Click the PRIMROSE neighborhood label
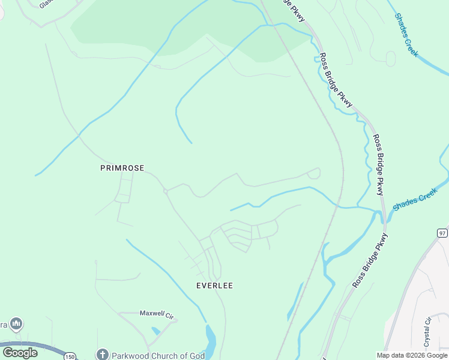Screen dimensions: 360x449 click(x=122, y=169)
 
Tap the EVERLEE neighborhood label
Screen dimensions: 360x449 click(x=214, y=286)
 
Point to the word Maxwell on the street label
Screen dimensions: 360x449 click(x=151, y=313)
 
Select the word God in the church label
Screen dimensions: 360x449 click(x=196, y=355)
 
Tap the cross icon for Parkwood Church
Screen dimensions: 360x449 click(x=102, y=355)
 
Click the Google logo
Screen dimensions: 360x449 click(x=20, y=353)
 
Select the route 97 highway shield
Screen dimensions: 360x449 click(x=442, y=233)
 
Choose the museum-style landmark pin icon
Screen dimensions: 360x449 click(x=16, y=324)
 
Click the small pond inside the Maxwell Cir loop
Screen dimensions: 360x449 click(x=156, y=331)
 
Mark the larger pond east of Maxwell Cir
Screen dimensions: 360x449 click(x=210, y=340)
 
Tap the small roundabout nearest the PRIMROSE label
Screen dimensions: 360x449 click(x=164, y=191)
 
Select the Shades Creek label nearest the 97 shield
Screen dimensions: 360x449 click(x=415, y=199)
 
